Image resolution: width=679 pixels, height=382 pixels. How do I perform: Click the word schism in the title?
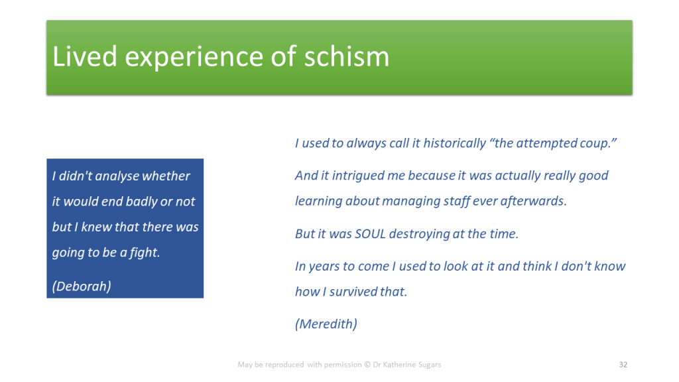[346, 56]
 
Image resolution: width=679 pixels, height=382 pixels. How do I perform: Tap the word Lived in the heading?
[85, 56]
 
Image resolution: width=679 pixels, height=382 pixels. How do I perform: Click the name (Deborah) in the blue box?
[82, 286]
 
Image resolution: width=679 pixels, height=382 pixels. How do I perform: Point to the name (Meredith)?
[326, 324]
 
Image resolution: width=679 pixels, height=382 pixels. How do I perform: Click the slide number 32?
[623, 365]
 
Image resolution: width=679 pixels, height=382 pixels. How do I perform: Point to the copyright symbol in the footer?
[367, 365]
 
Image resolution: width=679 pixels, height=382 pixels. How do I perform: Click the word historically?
[455, 143]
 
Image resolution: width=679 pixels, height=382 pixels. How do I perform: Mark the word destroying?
[419, 234]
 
